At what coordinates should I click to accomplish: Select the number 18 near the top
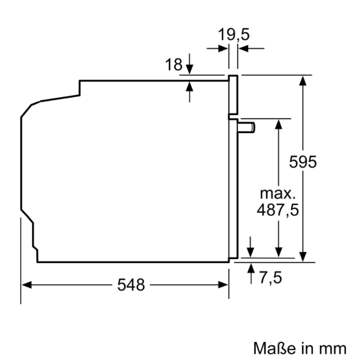(174, 65)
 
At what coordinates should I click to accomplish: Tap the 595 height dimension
(303, 161)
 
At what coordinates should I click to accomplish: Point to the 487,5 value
(278, 210)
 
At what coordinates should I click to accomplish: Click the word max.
(278, 194)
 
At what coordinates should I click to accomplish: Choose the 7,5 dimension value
(271, 278)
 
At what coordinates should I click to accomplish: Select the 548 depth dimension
(130, 284)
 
